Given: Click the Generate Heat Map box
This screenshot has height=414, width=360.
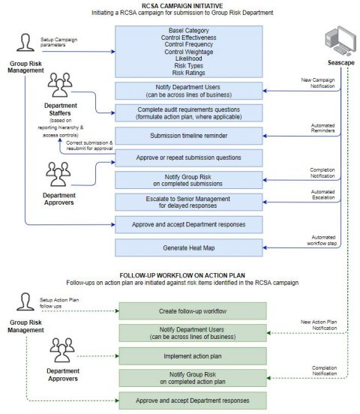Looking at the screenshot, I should (190, 247).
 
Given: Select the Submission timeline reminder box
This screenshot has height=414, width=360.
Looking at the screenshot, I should (190, 135).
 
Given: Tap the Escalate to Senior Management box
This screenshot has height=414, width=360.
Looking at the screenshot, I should (190, 202).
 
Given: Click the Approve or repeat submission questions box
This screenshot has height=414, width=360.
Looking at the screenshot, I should (190, 157).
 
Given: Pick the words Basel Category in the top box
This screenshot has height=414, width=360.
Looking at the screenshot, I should (190, 31).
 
